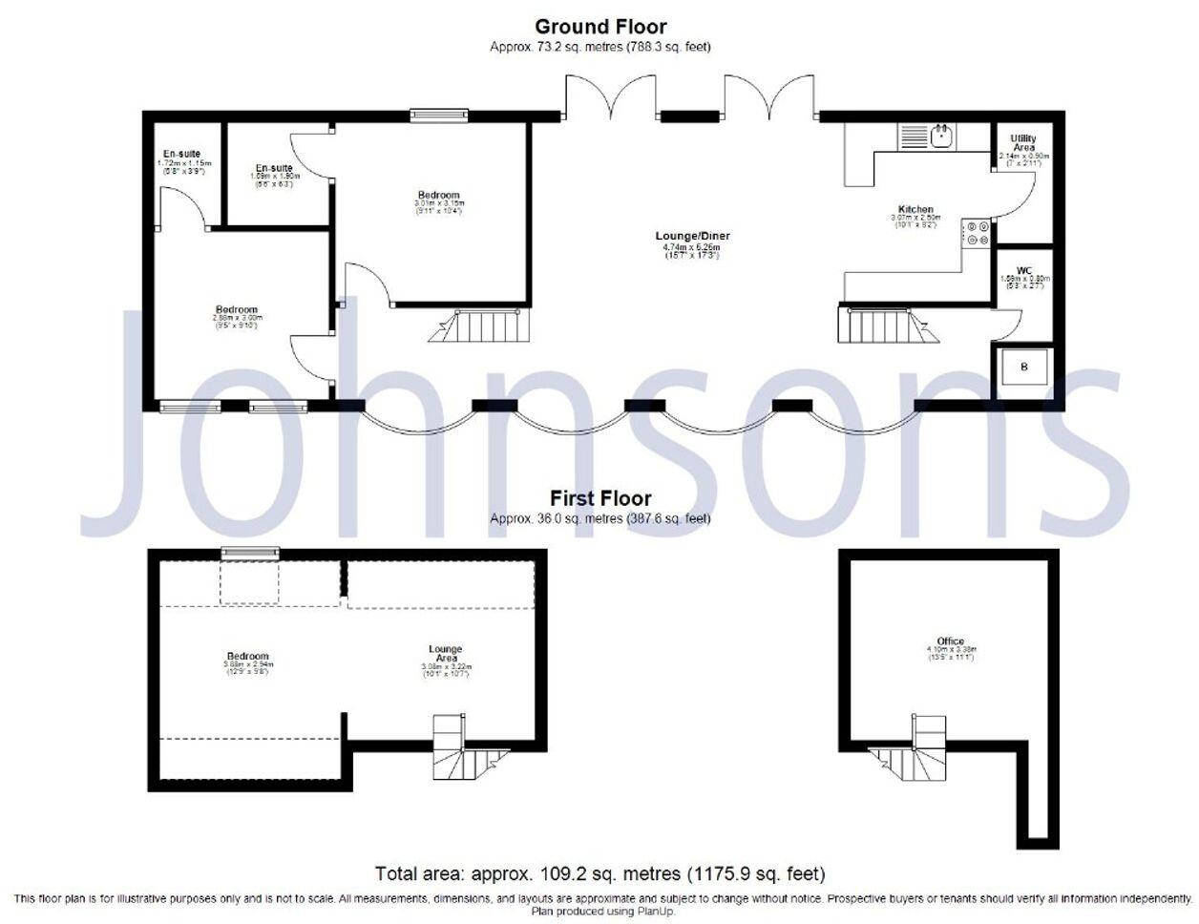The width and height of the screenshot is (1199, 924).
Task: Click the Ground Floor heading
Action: click(x=599, y=27)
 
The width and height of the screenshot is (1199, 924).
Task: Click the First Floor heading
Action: click(x=599, y=498)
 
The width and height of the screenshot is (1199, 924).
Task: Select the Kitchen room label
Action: click(x=915, y=209)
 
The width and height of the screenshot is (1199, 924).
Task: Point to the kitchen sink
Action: click(x=942, y=136)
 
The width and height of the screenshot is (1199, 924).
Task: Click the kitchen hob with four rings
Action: click(x=977, y=234)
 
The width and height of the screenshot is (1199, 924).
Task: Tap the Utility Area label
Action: click(x=1023, y=143)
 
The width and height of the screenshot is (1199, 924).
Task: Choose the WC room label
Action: click(x=1024, y=271)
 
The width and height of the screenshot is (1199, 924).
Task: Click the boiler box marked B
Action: click(x=1024, y=367)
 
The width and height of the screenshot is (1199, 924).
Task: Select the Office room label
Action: click(x=950, y=641)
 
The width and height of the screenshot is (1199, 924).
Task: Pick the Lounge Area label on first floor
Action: click(x=445, y=652)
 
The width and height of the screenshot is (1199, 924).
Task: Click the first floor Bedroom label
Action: click(x=246, y=657)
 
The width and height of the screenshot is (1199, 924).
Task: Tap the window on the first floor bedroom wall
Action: click(x=249, y=552)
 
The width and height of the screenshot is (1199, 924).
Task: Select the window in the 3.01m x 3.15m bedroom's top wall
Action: click(x=439, y=115)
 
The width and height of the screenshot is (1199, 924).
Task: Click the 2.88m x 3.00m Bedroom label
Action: click(x=236, y=310)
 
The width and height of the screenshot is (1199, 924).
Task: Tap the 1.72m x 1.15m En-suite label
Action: click(x=180, y=154)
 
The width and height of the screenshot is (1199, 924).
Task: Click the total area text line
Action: click(x=599, y=873)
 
